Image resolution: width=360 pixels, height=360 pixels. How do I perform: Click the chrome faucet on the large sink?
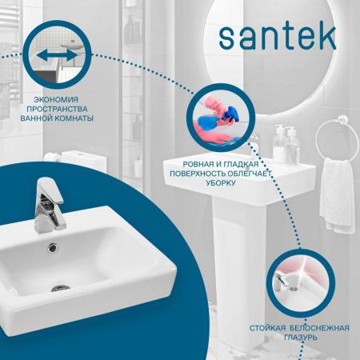(x=47, y=204)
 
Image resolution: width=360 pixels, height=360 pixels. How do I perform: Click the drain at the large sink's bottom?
(x=61, y=286)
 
